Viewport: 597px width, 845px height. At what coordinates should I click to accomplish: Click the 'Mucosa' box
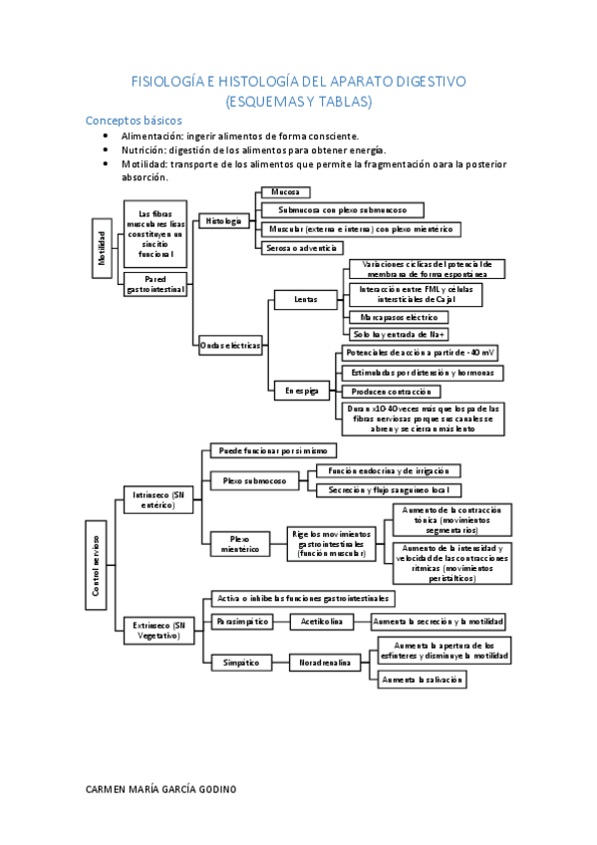click(x=284, y=192)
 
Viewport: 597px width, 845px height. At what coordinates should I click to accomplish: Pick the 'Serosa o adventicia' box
click(x=300, y=248)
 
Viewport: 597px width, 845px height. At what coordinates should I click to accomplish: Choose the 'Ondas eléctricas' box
click(x=230, y=345)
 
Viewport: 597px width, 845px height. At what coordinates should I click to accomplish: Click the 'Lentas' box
click(x=307, y=299)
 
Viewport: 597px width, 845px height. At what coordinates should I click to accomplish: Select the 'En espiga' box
click(x=301, y=393)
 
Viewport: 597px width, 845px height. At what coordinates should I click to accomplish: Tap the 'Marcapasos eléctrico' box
click(x=399, y=317)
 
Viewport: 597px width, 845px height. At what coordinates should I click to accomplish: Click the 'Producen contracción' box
click(x=390, y=392)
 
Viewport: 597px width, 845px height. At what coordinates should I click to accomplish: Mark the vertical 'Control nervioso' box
click(x=96, y=563)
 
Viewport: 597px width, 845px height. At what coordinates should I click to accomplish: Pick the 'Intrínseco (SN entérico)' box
click(x=158, y=500)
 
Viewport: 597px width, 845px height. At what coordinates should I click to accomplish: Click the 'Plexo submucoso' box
click(x=254, y=480)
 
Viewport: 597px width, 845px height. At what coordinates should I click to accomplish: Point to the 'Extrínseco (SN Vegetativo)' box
click(x=158, y=630)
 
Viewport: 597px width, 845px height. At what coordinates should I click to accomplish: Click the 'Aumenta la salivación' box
click(x=423, y=680)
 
